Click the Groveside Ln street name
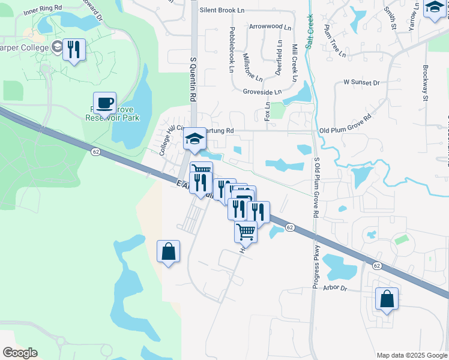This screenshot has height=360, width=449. pos(262,92)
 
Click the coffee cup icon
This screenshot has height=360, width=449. pos(105,103)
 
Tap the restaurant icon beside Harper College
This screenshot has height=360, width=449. pos(74,50)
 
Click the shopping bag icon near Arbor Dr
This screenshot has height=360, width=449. pos(387,299)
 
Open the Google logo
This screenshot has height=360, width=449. pos(20,353)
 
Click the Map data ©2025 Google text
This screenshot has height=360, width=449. pos(411,355)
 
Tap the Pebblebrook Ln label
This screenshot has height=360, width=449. pos(231,50)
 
